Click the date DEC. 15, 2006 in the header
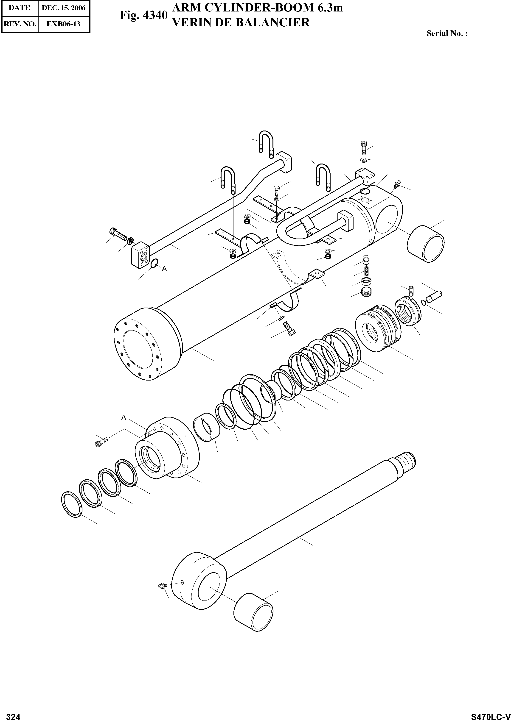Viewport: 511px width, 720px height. pos(64,8)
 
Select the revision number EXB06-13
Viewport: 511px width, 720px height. pos(64,24)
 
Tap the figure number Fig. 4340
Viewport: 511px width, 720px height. pos(143,15)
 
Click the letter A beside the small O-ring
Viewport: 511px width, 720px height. pos(164,269)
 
